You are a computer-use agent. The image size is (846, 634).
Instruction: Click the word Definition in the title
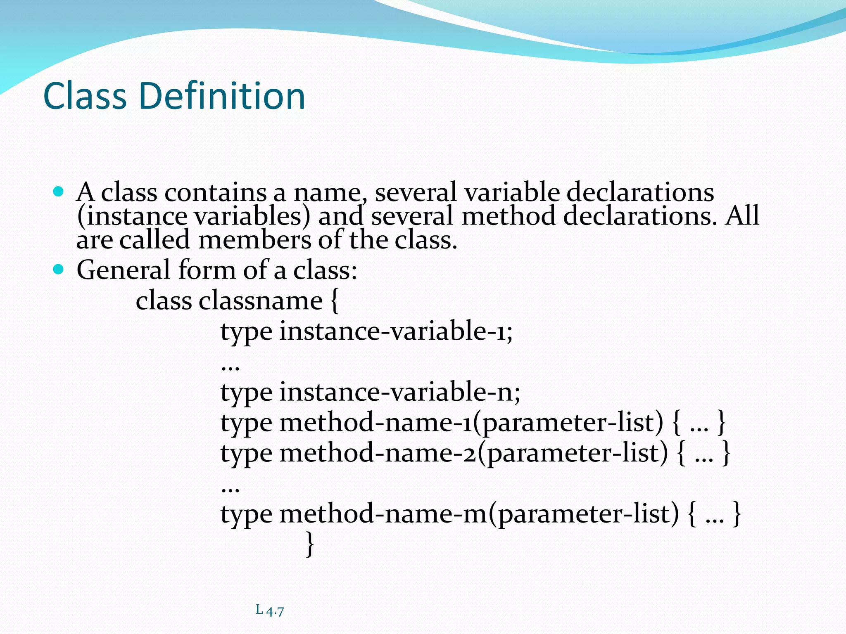(222, 96)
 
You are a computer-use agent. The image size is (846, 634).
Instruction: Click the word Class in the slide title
(85, 96)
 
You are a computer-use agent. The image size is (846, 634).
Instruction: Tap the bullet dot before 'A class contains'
(59, 192)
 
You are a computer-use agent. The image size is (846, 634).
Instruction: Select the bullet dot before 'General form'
(59, 270)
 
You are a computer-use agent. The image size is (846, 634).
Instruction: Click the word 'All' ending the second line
(742, 215)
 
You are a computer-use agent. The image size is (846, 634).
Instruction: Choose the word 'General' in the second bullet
(123, 270)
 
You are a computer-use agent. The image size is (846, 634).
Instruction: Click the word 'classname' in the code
(260, 300)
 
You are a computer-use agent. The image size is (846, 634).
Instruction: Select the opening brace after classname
(334, 301)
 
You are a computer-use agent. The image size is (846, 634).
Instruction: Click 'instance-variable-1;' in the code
(396, 331)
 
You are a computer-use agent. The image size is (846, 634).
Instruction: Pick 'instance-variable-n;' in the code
(399, 392)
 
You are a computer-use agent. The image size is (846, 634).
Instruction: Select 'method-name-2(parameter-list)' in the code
(473, 454)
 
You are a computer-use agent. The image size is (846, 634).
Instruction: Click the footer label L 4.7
(270, 610)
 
